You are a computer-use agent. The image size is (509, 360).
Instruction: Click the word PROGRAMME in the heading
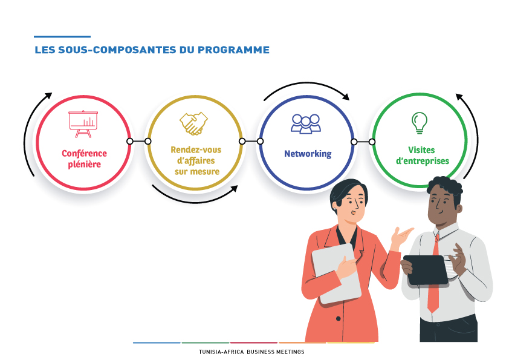pos(233,50)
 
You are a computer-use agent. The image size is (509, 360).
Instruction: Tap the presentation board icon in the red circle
pos(83,124)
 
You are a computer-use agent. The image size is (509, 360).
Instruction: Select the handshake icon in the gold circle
pos(194,123)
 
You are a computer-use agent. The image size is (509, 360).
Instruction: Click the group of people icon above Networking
pos(306,123)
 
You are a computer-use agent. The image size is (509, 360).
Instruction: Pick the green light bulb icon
pos(420,123)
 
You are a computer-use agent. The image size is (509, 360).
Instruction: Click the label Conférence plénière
pos(85,159)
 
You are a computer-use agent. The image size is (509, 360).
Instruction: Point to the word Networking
pos(308,154)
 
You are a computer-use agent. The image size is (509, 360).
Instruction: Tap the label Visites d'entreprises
pos(423,155)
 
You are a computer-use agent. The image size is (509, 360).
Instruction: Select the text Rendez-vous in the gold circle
pos(196,150)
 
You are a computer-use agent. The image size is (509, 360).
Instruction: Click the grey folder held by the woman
pos(337,273)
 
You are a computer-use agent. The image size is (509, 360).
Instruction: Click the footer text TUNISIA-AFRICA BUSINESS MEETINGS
pos(251,352)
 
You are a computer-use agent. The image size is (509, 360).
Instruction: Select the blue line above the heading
pos(62,37)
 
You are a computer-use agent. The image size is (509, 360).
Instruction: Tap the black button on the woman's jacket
pos(339,319)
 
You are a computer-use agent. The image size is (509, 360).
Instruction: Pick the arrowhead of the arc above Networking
pos(346,97)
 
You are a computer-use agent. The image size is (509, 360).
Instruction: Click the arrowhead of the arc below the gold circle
pos(235,188)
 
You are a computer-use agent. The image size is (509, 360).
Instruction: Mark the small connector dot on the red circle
pos(130,142)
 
